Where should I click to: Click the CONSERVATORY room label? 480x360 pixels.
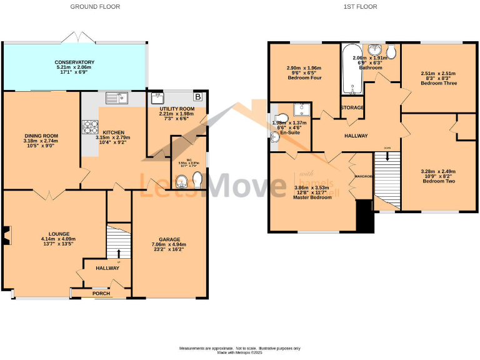click(74, 62)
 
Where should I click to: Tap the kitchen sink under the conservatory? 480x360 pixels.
click(117, 97)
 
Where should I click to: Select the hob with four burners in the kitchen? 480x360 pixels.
click(87, 127)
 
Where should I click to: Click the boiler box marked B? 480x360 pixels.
click(198, 97)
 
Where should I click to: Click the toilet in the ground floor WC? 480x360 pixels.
click(197, 181)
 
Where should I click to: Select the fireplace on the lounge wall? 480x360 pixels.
click(6, 235)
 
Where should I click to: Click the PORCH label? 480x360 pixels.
click(101, 292)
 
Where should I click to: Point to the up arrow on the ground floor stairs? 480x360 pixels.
click(119, 253)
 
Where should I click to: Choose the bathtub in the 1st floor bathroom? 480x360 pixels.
click(352, 69)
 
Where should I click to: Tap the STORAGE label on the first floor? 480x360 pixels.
click(352, 107)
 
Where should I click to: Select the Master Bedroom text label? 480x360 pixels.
click(312, 197)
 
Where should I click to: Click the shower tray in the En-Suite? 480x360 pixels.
click(302, 111)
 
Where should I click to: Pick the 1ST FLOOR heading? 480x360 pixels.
click(360, 7)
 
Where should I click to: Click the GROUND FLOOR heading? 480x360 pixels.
click(95, 7)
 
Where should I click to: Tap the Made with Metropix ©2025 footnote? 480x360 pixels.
click(240, 352)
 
